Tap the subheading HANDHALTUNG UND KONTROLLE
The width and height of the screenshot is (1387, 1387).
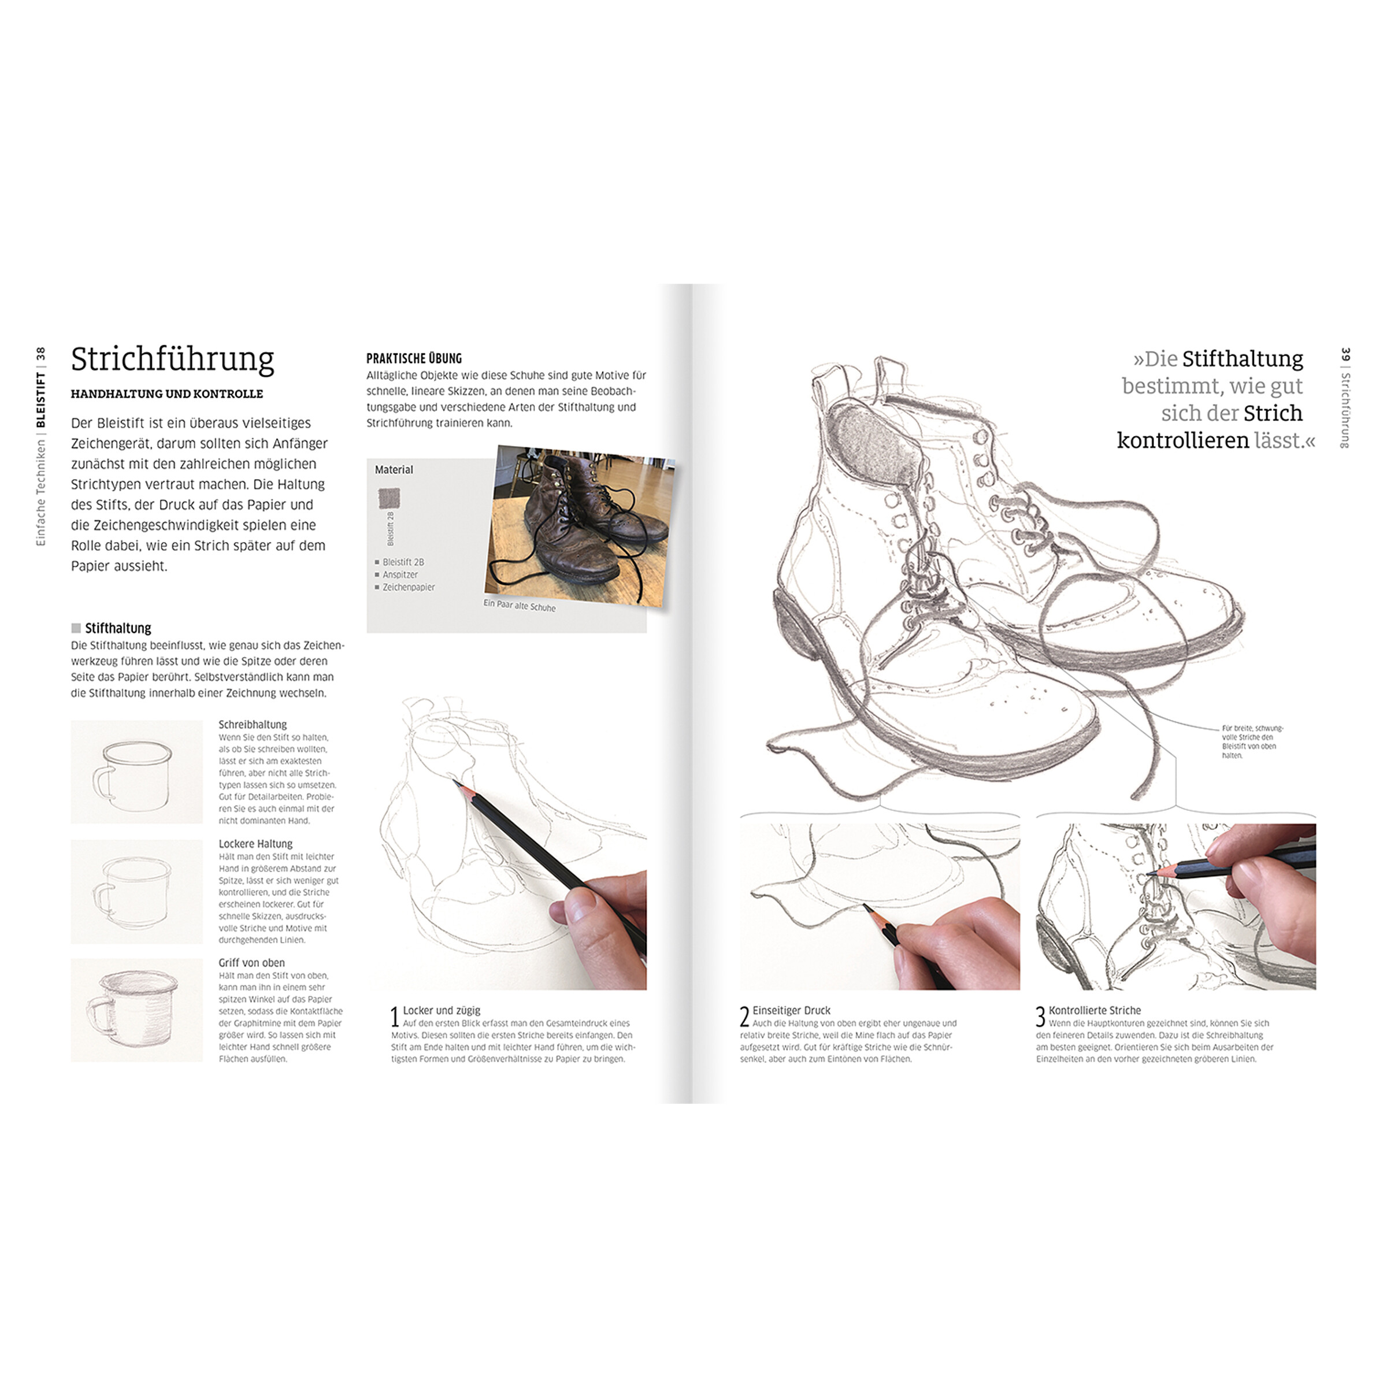point(166,394)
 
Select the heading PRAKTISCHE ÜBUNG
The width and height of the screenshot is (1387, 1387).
point(414,358)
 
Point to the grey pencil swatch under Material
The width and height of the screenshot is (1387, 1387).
point(388,498)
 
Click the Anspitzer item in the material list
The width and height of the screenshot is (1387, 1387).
point(400,574)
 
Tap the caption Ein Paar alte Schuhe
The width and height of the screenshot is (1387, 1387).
point(519,605)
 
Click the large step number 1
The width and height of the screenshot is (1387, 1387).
point(394,1017)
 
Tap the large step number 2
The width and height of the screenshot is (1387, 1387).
point(744,1017)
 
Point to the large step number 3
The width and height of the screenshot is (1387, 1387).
point(1040,1017)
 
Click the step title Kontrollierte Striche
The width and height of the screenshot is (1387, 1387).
point(1094,1010)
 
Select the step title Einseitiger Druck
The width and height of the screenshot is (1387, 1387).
point(791,1010)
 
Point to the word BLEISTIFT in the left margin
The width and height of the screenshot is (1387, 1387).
point(40,399)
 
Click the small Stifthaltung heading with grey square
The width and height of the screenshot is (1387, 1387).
point(112,628)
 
